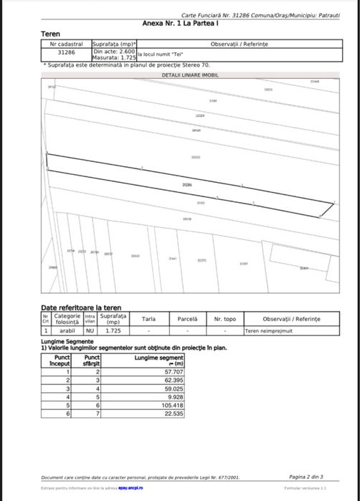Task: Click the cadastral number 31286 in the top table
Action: coord(67,52)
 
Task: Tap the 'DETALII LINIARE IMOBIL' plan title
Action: coord(190,75)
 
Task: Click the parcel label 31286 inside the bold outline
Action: coord(187,184)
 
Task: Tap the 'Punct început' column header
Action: coord(62,359)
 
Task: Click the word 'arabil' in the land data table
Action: coord(67,331)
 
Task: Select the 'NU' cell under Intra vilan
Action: coord(90,331)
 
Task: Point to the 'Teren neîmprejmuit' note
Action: coord(266,331)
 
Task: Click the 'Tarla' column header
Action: coord(149,319)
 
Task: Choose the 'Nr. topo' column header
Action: coord(224,319)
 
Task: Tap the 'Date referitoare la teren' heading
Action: coord(81,307)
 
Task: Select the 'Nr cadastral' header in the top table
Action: coord(67,44)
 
